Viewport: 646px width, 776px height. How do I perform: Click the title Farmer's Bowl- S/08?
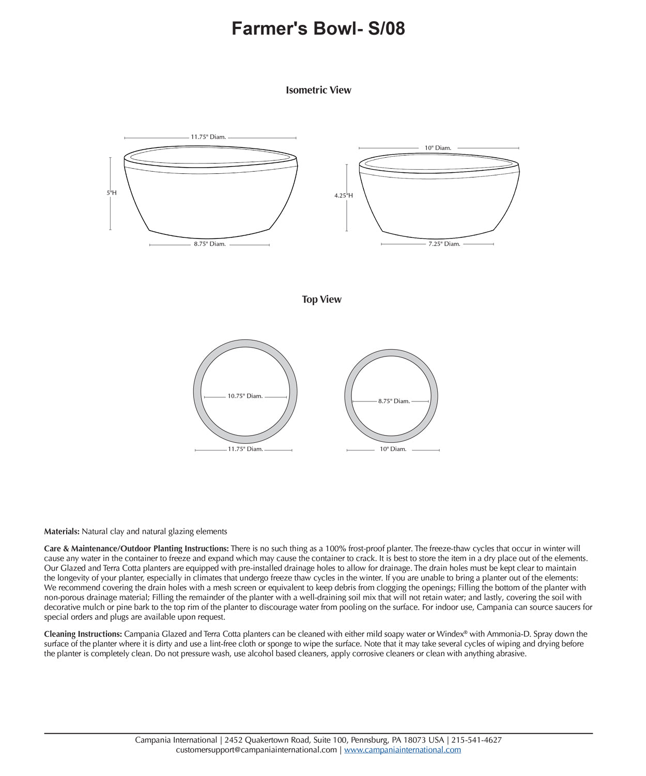click(x=318, y=28)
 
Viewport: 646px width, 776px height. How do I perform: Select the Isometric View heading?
click(x=318, y=90)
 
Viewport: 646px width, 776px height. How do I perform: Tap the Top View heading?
click(x=321, y=300)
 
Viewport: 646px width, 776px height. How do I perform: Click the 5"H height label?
click(x=112, y=193)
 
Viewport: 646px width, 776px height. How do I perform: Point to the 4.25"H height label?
click(x=343, y=196)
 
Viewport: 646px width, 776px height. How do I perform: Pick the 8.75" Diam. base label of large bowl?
click(x=210, y=244)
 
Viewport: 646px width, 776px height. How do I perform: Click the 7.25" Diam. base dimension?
click(x=444, y=244)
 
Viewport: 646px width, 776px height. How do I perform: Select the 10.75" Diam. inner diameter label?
click(x=245, y=396)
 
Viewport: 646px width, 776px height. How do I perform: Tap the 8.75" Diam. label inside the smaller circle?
click(x=394, y=401)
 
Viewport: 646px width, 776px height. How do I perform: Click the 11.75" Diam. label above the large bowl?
click(x=208, y=137)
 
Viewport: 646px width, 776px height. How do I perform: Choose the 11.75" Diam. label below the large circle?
click(x=245, y=449)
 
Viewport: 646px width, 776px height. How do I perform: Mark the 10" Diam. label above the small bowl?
click(x=438, y=148)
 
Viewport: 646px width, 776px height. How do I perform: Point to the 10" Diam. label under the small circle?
click(x=393, y=449)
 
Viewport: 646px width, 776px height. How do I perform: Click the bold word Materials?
click(x=61, y=531)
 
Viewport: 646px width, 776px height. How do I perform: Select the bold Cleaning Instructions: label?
click(x=83, y=634)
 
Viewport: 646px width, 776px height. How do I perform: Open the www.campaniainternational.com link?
click(x=403, y=750)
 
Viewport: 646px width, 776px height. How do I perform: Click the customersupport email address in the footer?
click(x=256, y=750)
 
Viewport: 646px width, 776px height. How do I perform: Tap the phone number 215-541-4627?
click(x=476, y=740)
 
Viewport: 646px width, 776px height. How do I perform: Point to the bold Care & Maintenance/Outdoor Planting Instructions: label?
click(x=136, y=548)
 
